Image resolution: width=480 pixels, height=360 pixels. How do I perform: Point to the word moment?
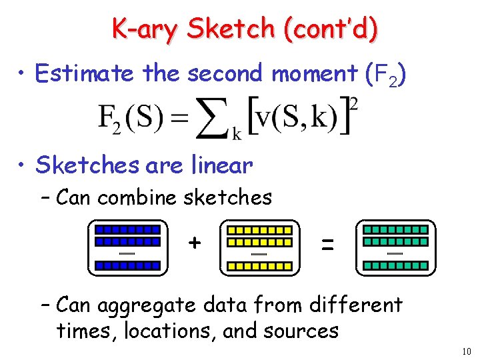click(x=314, y=73)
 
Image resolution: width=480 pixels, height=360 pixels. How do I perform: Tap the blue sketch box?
click(x=127, y=247)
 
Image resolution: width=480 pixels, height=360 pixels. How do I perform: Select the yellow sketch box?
click(x=260, y=247)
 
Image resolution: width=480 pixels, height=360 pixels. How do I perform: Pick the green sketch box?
click(x=395, y=247)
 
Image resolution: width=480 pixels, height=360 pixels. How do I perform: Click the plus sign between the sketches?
click(x=194, y=242)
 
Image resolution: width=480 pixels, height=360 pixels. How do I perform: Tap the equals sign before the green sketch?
click(x=327, y=245)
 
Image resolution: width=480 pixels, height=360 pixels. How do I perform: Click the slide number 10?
click(x=466, y=351)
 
